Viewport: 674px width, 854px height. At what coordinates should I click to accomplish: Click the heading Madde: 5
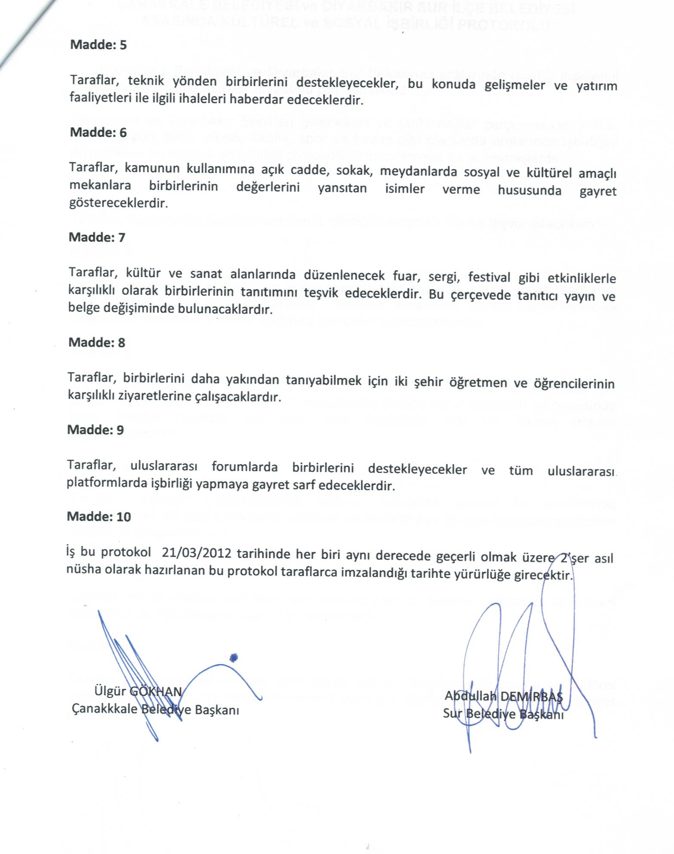click(x=98, y=45)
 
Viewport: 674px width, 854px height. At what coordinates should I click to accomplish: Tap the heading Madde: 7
click(x=97, y=237)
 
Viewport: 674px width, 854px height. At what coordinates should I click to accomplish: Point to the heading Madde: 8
click(x=97, y=342)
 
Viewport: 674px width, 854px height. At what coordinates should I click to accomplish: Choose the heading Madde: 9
click(x=95, y=430)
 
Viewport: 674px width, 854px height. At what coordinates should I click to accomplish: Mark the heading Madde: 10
click(x=99, y=516)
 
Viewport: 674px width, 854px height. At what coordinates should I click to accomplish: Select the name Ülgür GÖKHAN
click(x=138, y=691)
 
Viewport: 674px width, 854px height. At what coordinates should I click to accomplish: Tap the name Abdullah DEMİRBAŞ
click(x=503, y=696)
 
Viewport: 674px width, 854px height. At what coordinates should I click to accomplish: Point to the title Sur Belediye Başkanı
click(x=503, y=714)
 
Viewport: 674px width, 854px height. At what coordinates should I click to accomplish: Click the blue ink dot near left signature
click(x=234, y=657)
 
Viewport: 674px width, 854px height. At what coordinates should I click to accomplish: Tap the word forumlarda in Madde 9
click(x=244, y=467)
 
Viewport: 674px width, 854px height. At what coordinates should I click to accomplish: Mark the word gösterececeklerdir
click(x=118, y=203)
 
